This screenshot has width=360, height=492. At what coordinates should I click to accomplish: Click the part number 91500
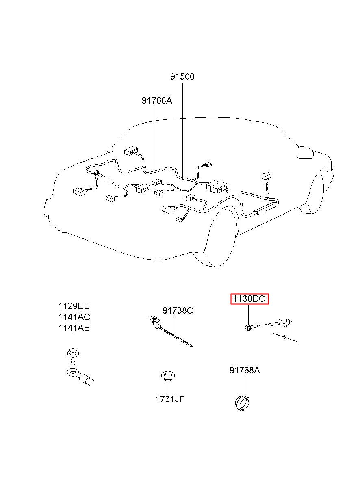tap(182, 76)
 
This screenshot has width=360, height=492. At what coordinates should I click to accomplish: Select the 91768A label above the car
tap(157, 100)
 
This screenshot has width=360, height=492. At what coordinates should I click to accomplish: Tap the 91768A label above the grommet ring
tap(245, 370)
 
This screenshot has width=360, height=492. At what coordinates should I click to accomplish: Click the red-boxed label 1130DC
tap(248, 299)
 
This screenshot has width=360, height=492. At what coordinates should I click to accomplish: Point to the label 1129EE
tap(74, 306)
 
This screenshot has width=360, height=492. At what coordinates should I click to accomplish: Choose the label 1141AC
tap(74, 317)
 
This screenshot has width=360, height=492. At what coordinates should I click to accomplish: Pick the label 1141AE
tap(74, 328)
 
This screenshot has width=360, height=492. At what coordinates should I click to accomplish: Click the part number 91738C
tap(178, 311)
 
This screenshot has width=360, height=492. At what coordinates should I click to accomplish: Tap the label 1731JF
tap(169, 399)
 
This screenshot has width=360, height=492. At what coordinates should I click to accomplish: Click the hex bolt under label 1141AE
tap(72, 355)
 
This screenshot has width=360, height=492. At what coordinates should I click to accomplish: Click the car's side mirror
tap(305, 152)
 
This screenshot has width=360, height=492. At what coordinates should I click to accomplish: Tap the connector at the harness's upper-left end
tap(131, 150)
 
